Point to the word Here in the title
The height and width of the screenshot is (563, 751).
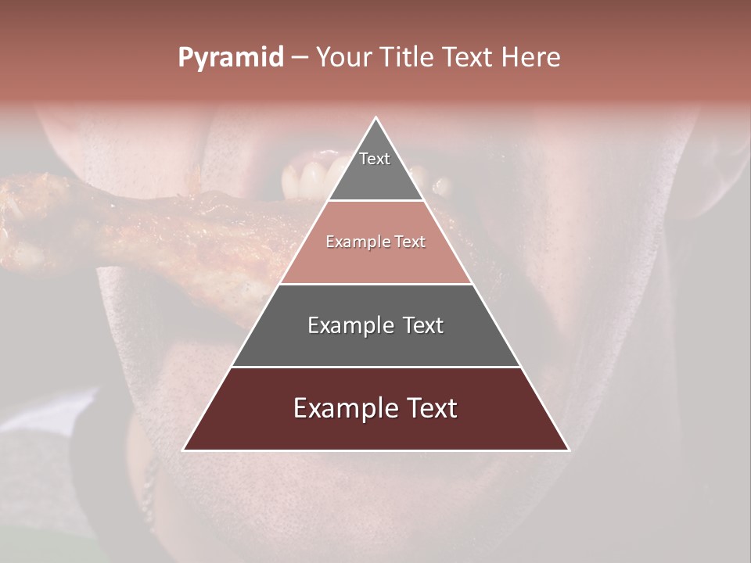(531, 58)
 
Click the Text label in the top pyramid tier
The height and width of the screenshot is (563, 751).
(375, 159)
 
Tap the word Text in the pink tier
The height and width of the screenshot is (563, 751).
(410, 242)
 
